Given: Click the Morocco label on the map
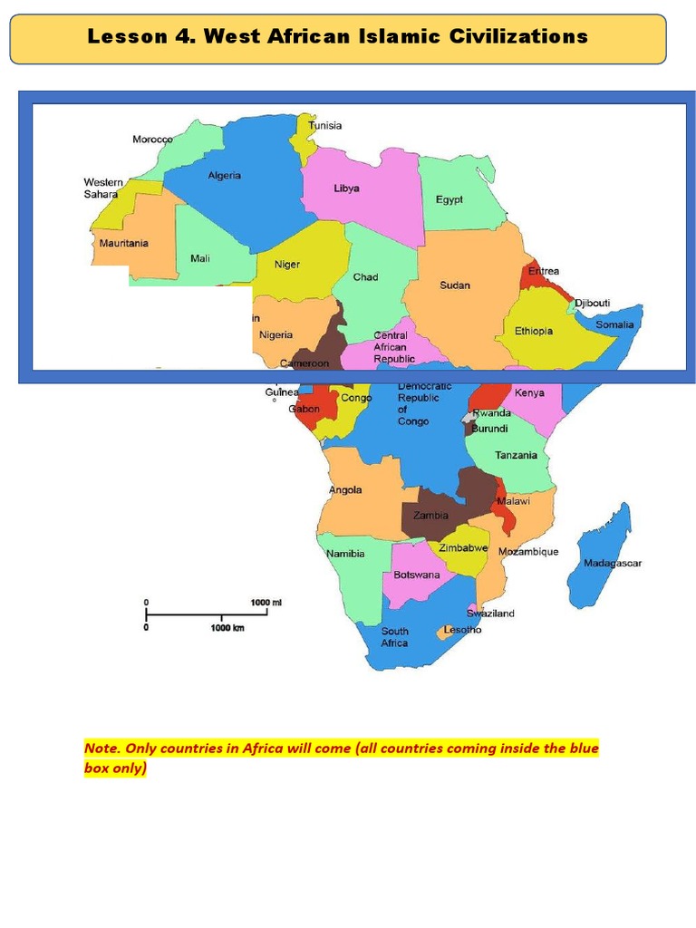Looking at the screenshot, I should point(152,140).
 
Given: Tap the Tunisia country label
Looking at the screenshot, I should point(325,126).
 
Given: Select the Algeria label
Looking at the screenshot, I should point(225,176).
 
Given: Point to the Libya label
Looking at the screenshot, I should point(346,188).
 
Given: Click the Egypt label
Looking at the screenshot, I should point(449,199).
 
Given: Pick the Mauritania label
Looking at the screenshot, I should point(124,243).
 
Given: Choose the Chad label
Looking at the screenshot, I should point(366,277).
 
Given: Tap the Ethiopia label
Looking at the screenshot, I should point(534,331).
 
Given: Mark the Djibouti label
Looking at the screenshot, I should point(593,303).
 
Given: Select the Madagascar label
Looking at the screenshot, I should point(613,563).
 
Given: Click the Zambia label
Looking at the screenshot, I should point(430,516).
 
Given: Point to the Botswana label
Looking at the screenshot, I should point(417,575).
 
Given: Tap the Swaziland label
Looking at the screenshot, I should point(491,614).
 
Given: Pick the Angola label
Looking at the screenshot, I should point(345,490).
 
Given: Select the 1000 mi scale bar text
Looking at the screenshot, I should point(266,602).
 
